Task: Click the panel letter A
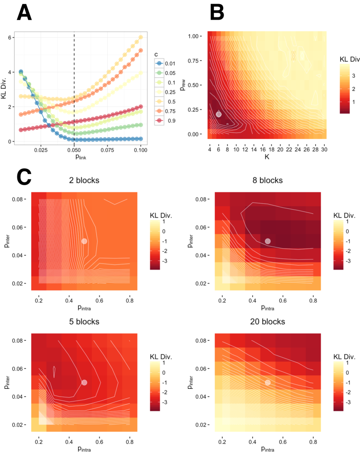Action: point(24,13)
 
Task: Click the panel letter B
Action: point(217,13)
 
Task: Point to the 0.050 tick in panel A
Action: point(74,149)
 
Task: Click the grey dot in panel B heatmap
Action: point(219,114)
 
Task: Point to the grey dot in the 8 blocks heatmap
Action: point(268,241)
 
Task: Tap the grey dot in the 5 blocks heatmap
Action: point(84,382)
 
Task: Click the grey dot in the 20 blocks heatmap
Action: point(268,382)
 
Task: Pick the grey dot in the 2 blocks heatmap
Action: point(84,241)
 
